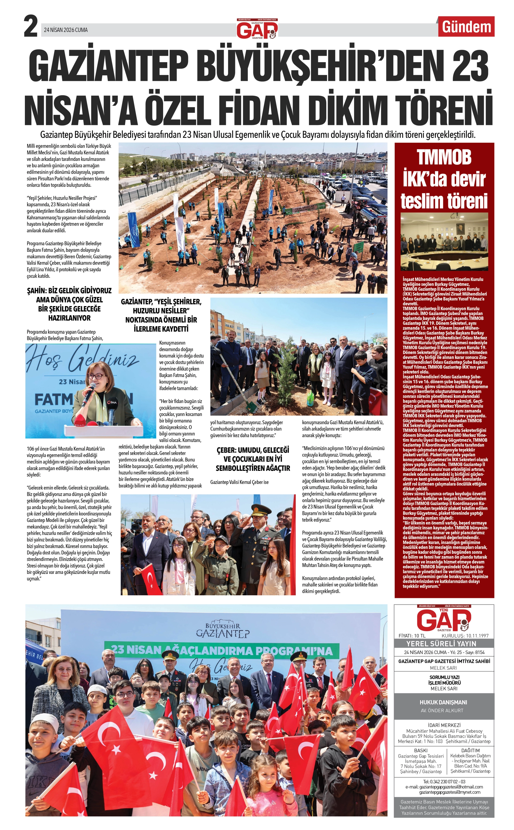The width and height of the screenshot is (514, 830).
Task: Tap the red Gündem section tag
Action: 466,27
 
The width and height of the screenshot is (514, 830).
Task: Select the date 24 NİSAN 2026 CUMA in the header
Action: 66,30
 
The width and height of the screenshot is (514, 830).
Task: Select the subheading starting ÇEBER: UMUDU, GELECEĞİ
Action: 253,459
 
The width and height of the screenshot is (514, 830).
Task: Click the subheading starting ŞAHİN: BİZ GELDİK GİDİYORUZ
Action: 69,304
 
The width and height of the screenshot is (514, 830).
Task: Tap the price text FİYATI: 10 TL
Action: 412,636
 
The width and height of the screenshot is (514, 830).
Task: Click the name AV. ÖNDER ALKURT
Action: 443,710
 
